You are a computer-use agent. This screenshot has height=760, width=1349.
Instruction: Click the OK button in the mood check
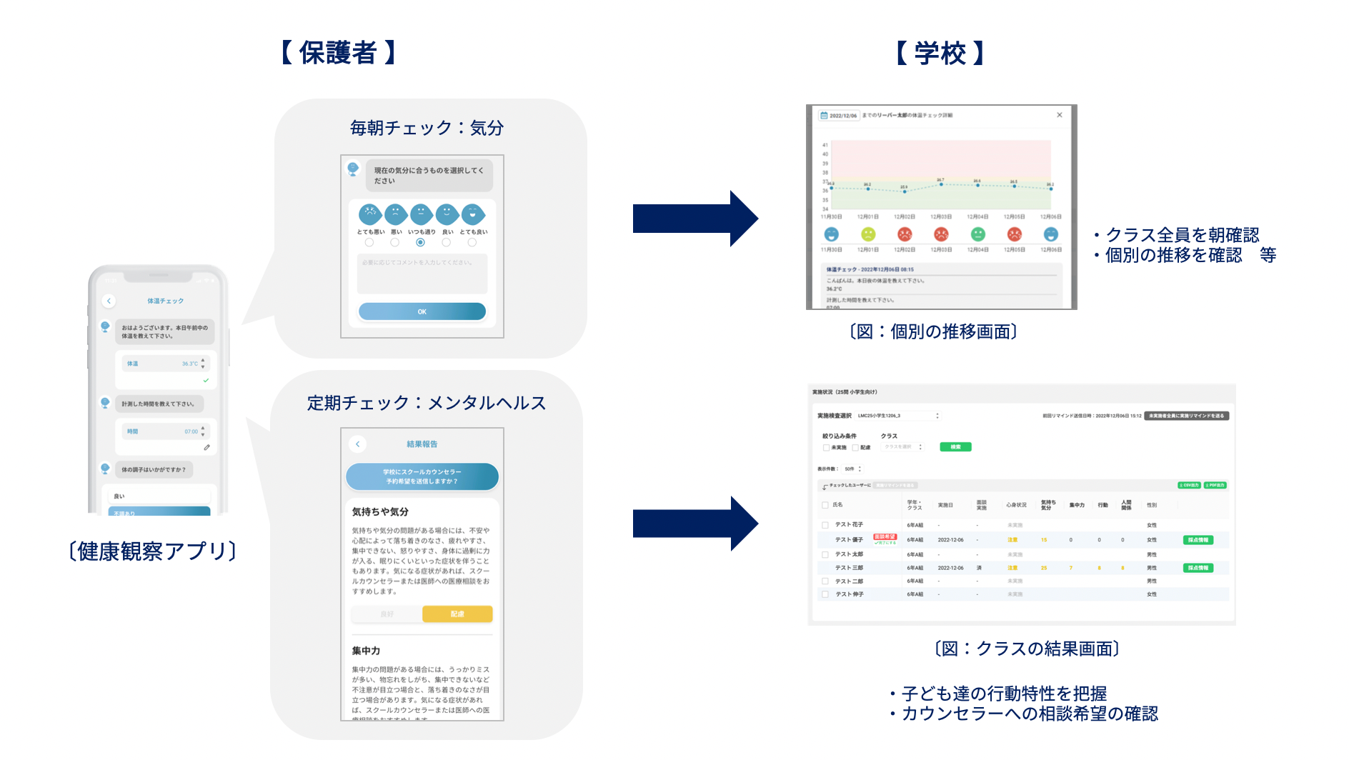[422, 311]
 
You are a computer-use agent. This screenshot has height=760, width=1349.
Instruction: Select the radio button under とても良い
[472, 243]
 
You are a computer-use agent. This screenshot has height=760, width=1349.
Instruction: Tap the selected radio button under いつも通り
[420, 243]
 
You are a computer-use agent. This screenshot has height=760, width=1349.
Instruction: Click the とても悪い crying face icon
[370, 214]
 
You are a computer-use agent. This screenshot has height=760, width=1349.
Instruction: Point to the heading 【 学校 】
[940, 53]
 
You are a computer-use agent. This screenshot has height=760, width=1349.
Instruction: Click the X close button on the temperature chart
[1060, 115]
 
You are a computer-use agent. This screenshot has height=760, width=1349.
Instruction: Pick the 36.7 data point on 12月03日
[941, 184]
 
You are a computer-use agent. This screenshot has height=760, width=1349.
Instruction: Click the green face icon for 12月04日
[977, 234]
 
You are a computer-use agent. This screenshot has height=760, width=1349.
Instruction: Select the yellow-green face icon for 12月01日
[868, 234]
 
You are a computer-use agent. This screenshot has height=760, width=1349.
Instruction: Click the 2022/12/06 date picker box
[840, 115]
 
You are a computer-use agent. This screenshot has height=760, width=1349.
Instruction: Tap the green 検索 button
[955, 447]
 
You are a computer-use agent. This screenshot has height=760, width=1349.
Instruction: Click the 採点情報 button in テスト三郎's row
[1198, 568]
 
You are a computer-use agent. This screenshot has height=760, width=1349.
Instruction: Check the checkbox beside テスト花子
[825, 525]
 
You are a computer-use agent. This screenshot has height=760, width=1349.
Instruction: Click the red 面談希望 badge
[885, 536]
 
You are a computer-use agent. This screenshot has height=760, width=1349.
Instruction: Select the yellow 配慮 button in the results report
[457, 614]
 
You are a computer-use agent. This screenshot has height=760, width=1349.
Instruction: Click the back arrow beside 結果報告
[358, 444]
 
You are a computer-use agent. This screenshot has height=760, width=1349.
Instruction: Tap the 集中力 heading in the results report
[366, 651]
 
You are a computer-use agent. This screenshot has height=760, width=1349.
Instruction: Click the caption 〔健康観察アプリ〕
[152, 551]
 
